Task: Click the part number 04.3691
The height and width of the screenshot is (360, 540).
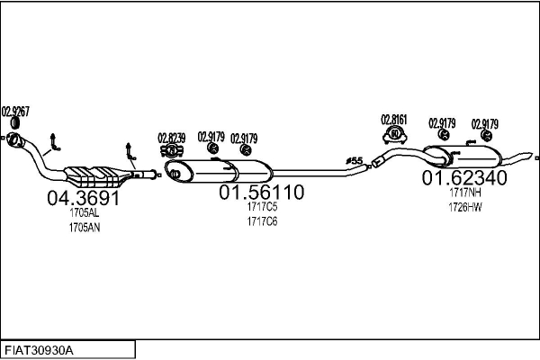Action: click(x=83, y=199)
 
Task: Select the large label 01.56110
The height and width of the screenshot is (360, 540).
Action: click(x=262, y=193)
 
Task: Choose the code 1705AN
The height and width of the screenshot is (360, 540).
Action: click(x=84, y=228)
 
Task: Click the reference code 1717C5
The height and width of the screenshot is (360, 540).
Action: click(x=262, y=208)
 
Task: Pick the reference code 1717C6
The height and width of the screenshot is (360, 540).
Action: click(x=262, y=220)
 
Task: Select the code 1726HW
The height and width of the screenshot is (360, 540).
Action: click(x=465, y=207)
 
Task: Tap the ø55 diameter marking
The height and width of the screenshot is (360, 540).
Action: click(x=355, y=161)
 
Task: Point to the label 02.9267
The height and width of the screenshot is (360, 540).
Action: click(x=15, y=111)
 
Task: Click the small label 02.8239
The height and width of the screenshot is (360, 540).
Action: click(x=171, y=138)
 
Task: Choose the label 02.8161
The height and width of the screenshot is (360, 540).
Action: click(x=393, y=119)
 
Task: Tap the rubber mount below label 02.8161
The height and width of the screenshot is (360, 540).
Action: click(x=393, y=135)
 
